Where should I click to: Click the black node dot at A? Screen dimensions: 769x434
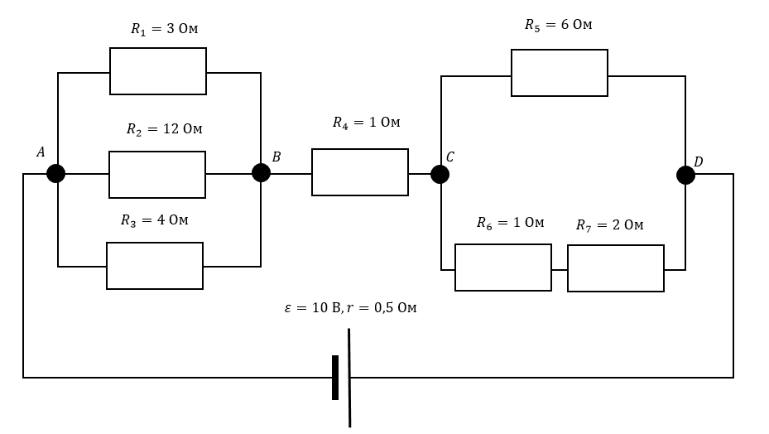click(56, 173)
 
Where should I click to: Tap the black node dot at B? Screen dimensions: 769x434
click(261, 173)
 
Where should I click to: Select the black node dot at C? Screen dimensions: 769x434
click(440, 174)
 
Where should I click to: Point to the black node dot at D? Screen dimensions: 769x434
click(685, 176)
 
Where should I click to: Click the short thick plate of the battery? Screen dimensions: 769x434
click(335, 378)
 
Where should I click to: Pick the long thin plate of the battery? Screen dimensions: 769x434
click(349, 378)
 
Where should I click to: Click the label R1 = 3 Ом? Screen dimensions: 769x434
click(164, 29)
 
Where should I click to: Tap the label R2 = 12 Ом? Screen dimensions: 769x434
click(164, 129)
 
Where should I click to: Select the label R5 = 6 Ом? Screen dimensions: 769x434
click(559, 25)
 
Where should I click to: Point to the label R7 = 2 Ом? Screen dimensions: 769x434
click(609, 225)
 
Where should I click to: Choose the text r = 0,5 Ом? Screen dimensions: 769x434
click(382, 308)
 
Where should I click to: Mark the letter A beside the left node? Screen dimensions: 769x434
click(41, 152)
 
